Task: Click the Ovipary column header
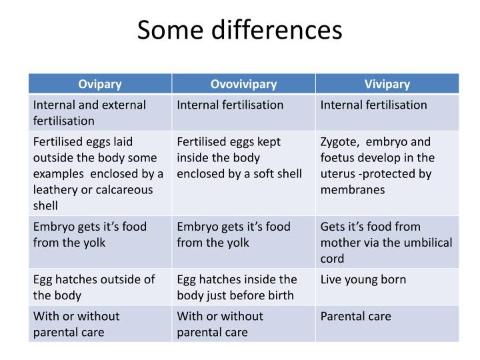coord(100,84)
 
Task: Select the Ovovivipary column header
coord(243,84)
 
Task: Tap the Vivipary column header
coord(387,84)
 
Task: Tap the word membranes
coord(353,190)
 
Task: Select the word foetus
coord(339,158)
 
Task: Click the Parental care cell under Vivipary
coord(356,316)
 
